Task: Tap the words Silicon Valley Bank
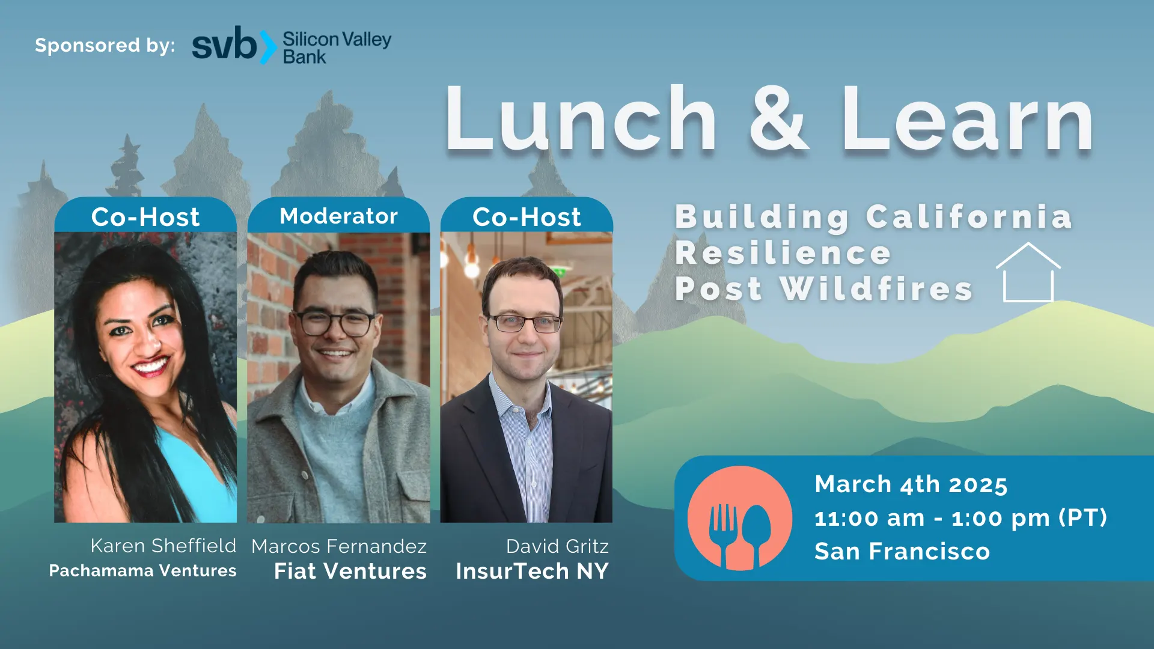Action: pos(337,47)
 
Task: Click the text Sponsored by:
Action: pos(105,46)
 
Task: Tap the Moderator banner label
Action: pos(339,216)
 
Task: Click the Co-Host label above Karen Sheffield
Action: pos(145,217)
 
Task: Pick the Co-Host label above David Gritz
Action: pos(527,217)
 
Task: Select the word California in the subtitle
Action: pos(969,216)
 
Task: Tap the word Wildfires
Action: pos(876,288)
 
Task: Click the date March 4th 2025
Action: pos(911,484)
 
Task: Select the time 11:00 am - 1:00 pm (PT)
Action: pos(960,518)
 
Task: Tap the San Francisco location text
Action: pos(902,551)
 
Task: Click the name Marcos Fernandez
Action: pos(339,546)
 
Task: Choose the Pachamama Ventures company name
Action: pos(142,571)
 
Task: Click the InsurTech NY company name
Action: pos(532,571)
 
